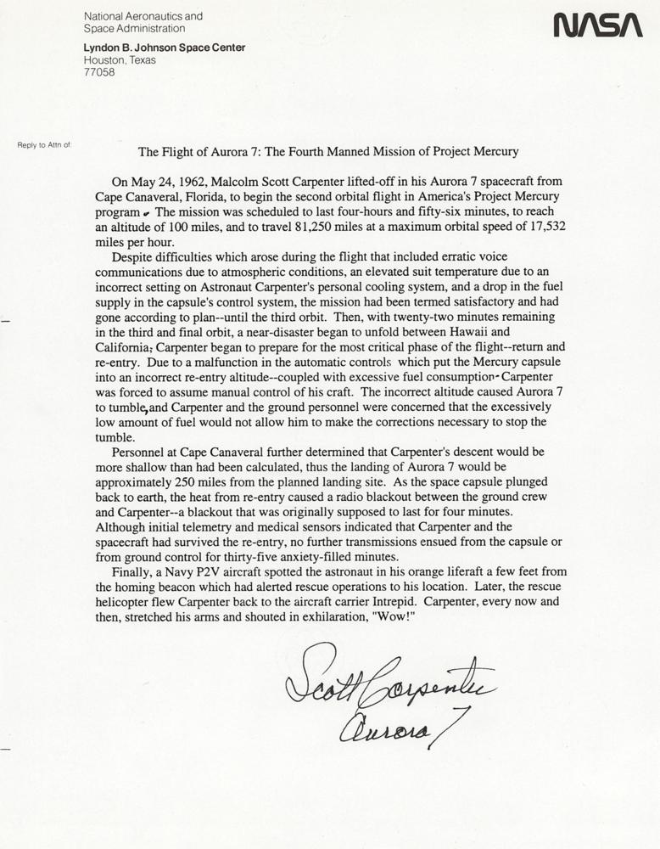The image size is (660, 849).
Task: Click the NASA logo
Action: coord(597,26)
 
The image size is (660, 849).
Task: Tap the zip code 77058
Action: coord(98,73)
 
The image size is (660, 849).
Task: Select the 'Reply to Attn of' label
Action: coord(43,145)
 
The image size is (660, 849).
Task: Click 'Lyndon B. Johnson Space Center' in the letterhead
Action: coord(165,48)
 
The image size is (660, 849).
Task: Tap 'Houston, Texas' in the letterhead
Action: coord(120,60)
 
